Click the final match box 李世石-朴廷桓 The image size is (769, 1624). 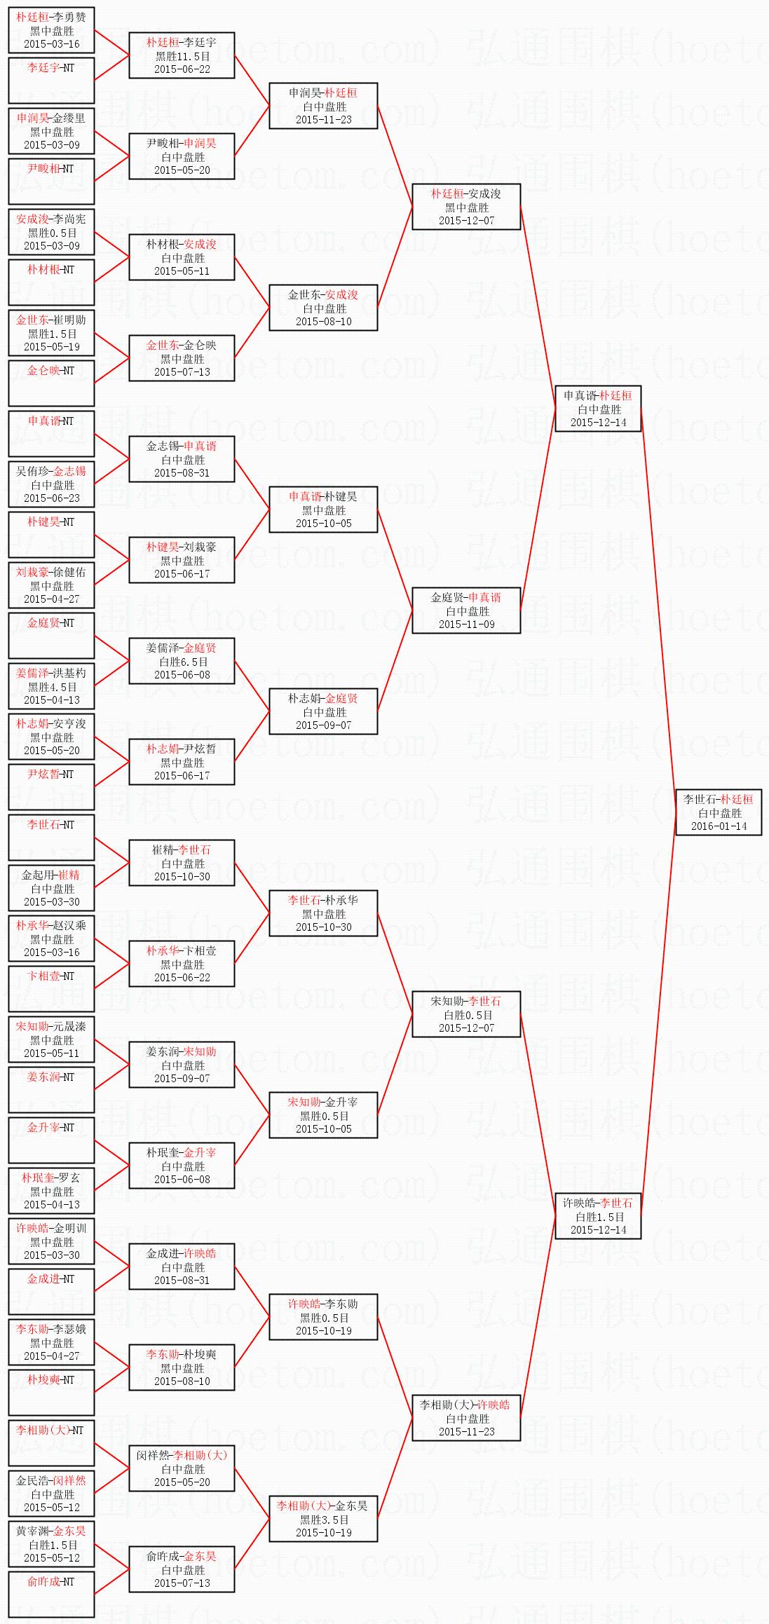pos(719,812)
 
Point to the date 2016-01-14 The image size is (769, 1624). pos(719,826)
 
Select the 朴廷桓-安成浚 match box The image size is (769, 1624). pos(466,207)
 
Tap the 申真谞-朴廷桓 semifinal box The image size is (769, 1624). pos(598,409)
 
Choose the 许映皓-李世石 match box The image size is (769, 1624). pos(598,1216)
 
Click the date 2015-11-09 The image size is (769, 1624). pos(466,624)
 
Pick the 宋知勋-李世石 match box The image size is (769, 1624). pos(466,1014)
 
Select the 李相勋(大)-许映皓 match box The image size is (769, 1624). pos(466,1418)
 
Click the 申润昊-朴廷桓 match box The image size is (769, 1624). pos(323,106)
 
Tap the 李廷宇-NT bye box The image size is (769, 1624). pos(51,81)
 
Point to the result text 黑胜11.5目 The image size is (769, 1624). pos(182,56)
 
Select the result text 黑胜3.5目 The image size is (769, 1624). pos(324,1520)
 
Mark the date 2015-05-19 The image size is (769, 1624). pos(52,346)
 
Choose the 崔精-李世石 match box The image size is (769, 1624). pos(182,863)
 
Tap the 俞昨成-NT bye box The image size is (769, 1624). pos(51,1595)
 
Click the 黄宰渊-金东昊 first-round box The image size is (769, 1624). pos(51,1544)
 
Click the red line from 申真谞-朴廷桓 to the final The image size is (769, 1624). pos(658,610)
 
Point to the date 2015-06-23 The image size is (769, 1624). pos(52,498)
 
